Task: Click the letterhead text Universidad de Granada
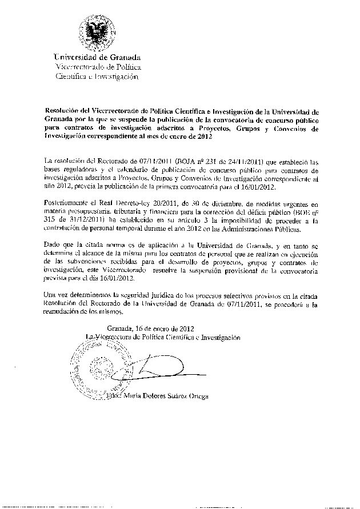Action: [98, 57]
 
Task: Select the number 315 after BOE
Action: [50, 219]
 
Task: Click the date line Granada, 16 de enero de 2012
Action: [151, 328]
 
